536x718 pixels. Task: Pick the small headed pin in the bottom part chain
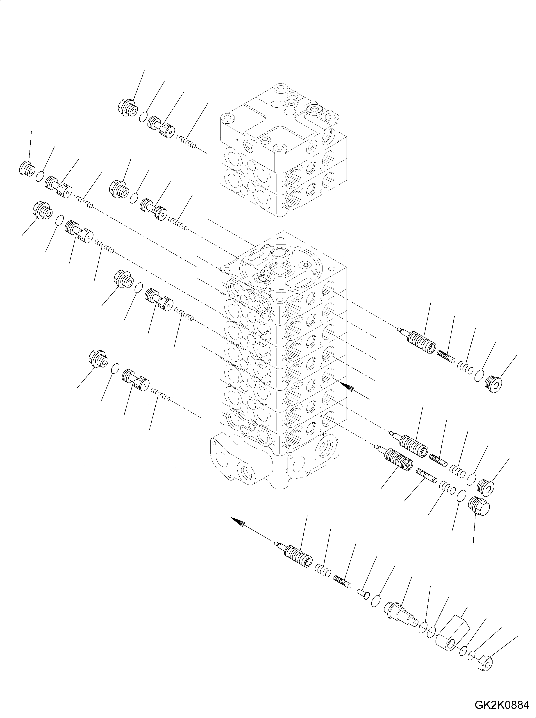[363, 593]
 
